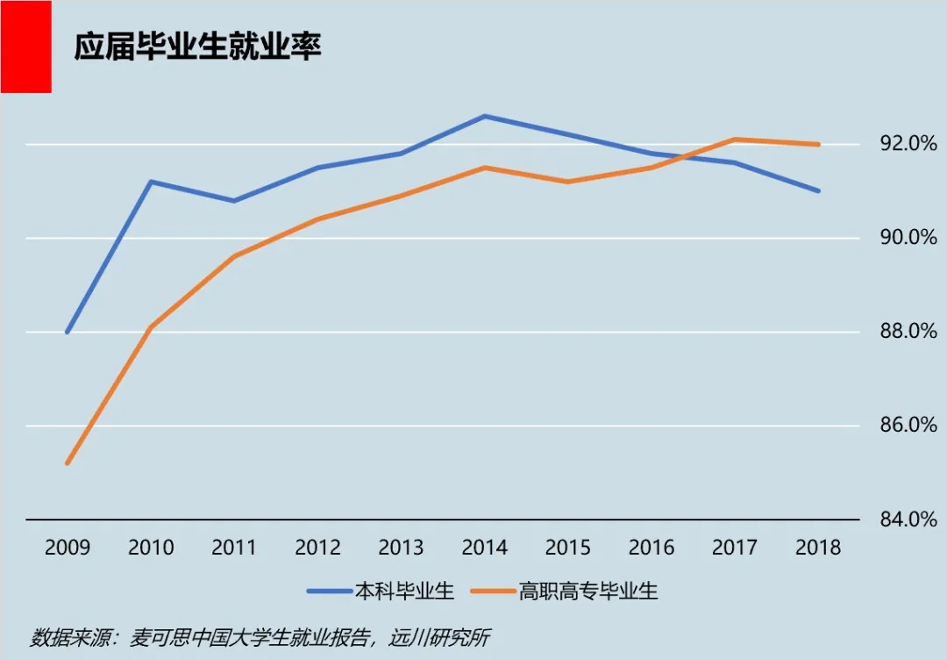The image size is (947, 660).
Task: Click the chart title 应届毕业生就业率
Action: [197, 47]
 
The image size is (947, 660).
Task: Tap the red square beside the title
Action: [25, 47]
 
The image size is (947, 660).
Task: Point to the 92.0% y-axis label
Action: [900, 144]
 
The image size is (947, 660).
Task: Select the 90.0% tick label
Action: [900, 238]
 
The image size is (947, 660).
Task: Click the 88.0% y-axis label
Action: [900, 332]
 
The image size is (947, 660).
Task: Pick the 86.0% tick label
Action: [900, 426]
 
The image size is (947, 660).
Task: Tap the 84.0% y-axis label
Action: [900, 520]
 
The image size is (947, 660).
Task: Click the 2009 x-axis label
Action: [68, 548]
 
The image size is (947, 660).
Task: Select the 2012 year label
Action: [317, 548]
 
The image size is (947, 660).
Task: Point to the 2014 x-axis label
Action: [484, 548]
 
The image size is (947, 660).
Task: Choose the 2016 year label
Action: [651, 548]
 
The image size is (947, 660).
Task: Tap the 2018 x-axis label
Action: [818, 548]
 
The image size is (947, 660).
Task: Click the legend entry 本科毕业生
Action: [403, 591]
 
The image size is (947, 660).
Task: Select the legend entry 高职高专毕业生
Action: [587, 591]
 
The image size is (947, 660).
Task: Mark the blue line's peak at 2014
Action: [485, 116]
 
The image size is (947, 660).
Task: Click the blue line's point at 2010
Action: [151, 182]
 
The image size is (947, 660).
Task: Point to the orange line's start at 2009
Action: [68, 463]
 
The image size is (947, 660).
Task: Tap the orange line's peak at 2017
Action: [735, 139]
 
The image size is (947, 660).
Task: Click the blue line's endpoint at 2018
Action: [818, 190]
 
